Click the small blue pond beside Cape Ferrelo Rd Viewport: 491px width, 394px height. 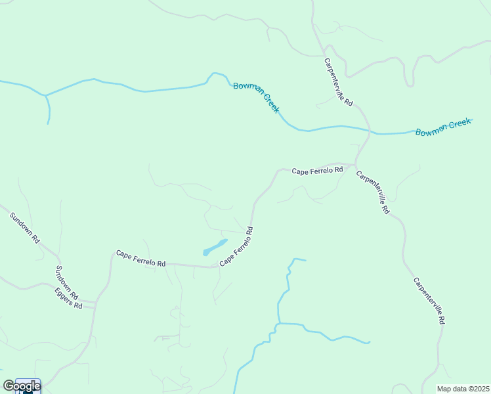click(215, 248)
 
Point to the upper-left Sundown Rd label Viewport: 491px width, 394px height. click(25, 228)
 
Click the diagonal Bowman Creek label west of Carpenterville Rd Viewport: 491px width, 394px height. click(256, 97)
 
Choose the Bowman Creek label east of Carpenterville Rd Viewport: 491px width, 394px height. click(443, 127)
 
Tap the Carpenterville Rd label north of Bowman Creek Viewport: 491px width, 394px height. click(339, 82)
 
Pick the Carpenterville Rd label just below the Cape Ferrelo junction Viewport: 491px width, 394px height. click(373, 192)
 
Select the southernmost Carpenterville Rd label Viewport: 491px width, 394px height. click(430, 301)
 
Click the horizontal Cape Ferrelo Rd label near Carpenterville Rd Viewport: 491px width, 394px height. click(318, 171)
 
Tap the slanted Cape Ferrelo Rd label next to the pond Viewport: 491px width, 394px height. click(236, 246)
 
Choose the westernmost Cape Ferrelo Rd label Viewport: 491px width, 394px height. click(140, 258)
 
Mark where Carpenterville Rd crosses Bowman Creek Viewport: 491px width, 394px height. click(370, 131)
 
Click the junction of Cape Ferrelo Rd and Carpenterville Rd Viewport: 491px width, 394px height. click(355, 164)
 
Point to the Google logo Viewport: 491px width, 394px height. click(22, 386)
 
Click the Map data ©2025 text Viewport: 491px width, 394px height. click(463, 389)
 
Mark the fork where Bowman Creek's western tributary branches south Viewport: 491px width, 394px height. click(45, 96)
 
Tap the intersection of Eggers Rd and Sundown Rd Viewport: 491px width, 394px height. click(95, 303)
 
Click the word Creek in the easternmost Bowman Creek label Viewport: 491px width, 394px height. click(457, 124)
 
